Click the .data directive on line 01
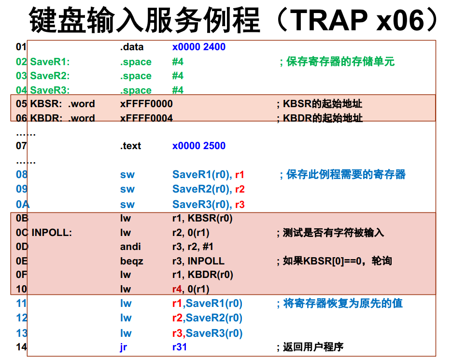click(x=132, y=47)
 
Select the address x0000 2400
click(x=198, y=47)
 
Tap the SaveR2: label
click(x=50, y=76)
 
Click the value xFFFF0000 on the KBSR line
click(x=146, y=104)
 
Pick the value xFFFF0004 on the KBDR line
click(x=146, y=118)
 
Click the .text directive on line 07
click(x=130, y=146)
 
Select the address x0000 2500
click(x=198, y=146)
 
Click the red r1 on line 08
click(x=240, y=175)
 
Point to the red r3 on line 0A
click(x=240, y=205)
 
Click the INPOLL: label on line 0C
click(x=52, y=233)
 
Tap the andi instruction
click(x=130, y=247)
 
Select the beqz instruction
click(x=131, y=261)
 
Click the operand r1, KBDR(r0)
click(x=202, y=275)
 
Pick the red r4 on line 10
click(x=177, y=289)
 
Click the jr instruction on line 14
click(x=123, y=347)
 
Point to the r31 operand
click(x=179, y=347)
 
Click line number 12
click(x=21, y=318)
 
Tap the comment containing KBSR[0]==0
click(x=334, y=261)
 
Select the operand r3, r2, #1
click(x=193, y=247)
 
